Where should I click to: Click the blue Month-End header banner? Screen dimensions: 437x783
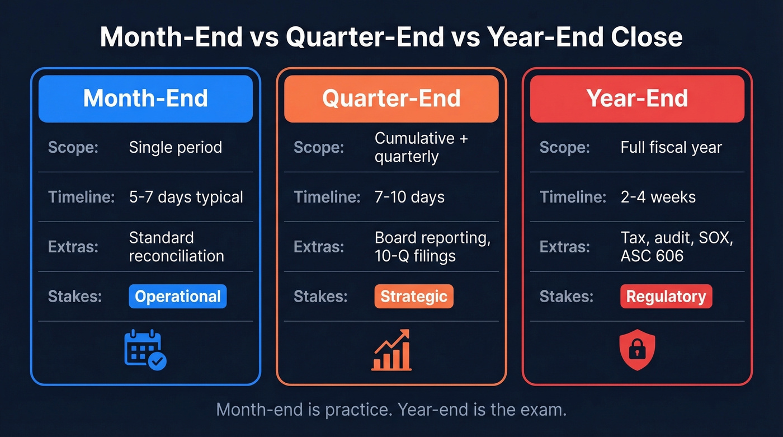tap(145, 98)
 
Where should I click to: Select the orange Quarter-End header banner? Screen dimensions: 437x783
tap(391, 98)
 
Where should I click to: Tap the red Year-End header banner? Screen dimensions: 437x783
tap(637, 98)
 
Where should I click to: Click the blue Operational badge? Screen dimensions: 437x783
tap(177, 297)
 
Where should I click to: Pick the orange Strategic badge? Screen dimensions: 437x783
tap(413, 297)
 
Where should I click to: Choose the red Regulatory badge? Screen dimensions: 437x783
tap(666, 297)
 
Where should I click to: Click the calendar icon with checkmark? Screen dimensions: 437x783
tap(145, 351)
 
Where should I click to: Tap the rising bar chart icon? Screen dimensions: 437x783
tap(391, 350)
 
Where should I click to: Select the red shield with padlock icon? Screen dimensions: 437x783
tap(637, 351)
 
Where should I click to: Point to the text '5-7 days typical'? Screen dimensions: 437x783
tap(186, 197)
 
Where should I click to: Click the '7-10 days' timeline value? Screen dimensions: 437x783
tap(409, 197)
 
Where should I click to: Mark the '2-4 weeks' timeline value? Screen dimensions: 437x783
tap(658, 197)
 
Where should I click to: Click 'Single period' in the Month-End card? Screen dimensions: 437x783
tap(175, 147)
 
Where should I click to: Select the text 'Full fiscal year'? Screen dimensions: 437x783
tap(671, 147)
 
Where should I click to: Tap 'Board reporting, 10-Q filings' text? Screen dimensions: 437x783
tap(432, 247)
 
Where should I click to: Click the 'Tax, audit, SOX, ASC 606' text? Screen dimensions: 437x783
tap(676, 247)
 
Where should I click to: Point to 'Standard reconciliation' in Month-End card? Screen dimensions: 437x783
tap(176, 247)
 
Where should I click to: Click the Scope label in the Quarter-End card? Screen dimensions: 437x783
tap(319, 148)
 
